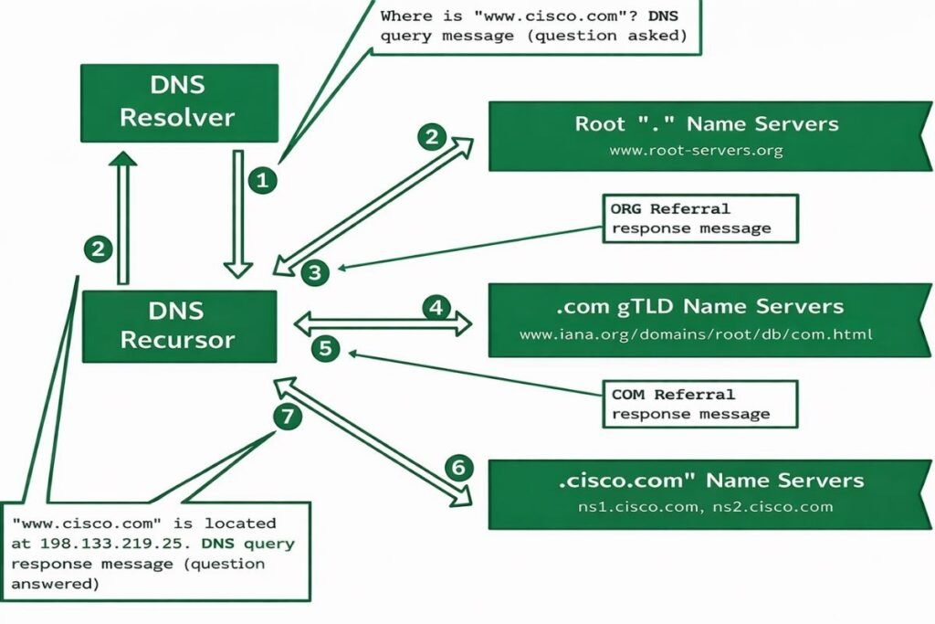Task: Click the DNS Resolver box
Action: click(x=178, y=101)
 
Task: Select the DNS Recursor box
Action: click(x=178, y=326)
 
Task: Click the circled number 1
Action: click(x=262, y=181)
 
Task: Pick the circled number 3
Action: click(x=314, y=271)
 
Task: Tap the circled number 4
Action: click(x=436, y=307)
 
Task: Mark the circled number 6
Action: click(x=459, y=468)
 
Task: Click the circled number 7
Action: click(x=287, y=417)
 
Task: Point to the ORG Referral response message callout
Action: click(x=699, y=218)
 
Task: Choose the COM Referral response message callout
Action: click(x=699, y=404)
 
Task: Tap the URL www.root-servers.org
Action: click(x=696, y=151)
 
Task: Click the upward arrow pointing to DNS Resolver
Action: click(x=122, y=219)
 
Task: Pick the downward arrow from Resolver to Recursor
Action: click(x=238, y=214)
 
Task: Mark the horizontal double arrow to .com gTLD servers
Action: click(x=383, y=323)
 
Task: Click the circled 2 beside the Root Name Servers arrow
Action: click(x=431, y=137)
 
